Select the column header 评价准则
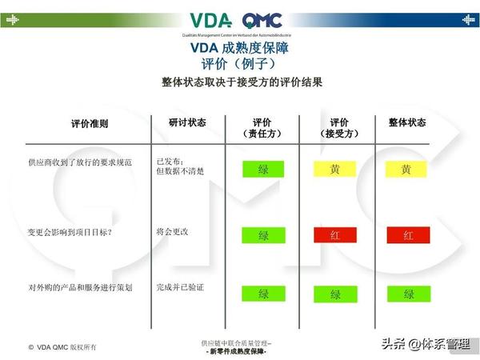click(90, 124)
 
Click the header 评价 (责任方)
click(263, 128)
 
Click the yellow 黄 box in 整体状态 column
click(406, 170)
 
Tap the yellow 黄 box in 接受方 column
click(335, 170)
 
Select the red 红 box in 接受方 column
click(335, 235)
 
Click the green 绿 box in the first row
click(263, 170)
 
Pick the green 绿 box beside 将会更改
click(263, 235)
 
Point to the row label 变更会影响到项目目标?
click(70, 232)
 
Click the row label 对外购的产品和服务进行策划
click(80, 286)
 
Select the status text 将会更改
click(173, 231)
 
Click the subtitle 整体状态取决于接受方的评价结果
click(242, 82)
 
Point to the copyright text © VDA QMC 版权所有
click(62, 347)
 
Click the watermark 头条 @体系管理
click(426, 344)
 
